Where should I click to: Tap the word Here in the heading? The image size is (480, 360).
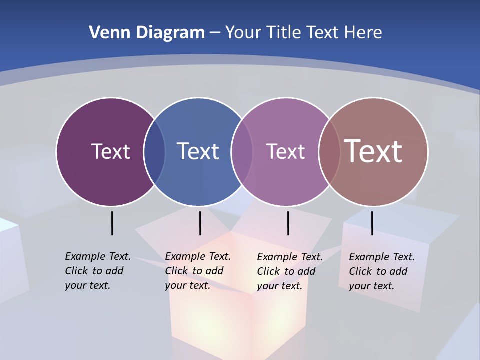pos(363,32)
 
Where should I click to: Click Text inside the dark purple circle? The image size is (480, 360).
pos(110,151)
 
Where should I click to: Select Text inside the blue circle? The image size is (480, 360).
pos(198,151)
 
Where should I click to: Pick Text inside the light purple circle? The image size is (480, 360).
pos(285,151)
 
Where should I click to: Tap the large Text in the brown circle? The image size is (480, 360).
pos(373,151)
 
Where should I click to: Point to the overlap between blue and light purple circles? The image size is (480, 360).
pos(242,151)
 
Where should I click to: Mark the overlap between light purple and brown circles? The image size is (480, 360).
pos(329,151)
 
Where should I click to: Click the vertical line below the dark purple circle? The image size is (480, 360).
pos(112,223)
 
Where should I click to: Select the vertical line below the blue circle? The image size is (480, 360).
pos(200,223)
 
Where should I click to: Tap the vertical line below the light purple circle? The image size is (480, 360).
pos(288,223)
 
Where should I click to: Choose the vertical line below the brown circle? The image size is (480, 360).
pos(372,223)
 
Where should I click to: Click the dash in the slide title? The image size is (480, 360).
pos(215,33)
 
